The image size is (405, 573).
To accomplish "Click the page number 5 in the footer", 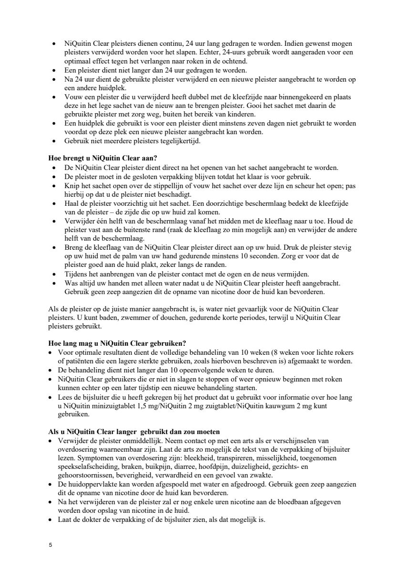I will click(50, 544).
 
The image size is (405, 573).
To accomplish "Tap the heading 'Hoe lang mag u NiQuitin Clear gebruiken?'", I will click(117, 343).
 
